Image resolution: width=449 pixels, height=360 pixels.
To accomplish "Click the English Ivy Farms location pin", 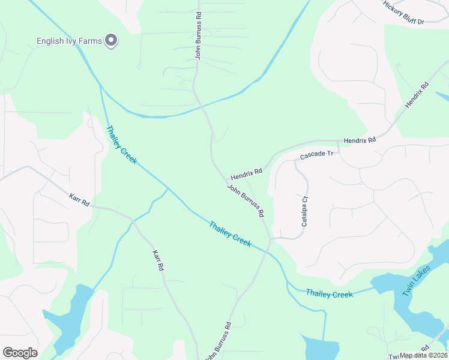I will point(111,40).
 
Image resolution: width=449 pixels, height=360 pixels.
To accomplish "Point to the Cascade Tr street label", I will point(316,155).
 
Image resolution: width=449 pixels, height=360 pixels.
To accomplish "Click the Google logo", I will point(20,353).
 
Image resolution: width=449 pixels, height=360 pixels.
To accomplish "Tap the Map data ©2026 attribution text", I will point(424,355).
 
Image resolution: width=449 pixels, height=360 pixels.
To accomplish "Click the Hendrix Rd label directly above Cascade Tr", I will point(360,140).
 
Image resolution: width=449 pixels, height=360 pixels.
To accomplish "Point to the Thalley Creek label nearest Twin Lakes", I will point(329,293).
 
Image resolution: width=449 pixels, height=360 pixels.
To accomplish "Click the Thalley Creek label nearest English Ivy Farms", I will point(122,145).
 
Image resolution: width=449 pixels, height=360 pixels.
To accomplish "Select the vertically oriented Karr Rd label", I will point(158,262).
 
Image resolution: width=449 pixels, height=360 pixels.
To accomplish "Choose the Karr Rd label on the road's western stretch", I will point(79,200).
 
